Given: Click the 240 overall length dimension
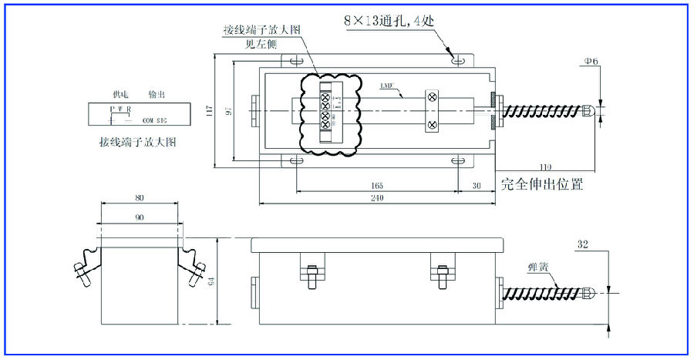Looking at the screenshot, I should coord(377,198).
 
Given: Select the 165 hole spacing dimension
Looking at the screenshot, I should coord(377,186).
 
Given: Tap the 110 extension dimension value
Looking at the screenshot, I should coord(546,167).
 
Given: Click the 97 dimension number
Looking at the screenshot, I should coord(228,111).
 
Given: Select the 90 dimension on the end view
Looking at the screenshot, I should coord(140,217).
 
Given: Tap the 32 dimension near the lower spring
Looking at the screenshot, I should coord(582,244).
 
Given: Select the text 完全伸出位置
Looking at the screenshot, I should coord(541,185).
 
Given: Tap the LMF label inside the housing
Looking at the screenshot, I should coord(386,86).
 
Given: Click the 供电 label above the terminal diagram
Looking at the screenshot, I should coord(120,93).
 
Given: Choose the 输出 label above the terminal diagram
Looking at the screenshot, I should coord(157,93).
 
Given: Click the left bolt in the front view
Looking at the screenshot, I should coord(312,278).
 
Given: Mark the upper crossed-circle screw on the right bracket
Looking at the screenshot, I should coord(433,97).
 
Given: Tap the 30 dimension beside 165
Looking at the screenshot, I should coord(476,186).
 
